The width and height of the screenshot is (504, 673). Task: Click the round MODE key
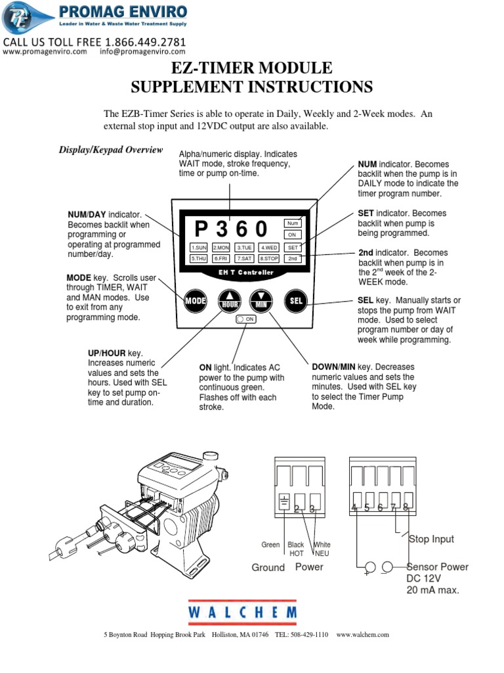[195, 301]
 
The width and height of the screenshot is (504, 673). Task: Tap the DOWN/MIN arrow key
[261, 301]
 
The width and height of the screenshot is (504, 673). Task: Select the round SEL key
[295, 301]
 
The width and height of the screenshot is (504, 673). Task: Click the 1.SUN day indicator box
[199, 248]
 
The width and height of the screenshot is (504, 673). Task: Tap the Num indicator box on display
[293, 223]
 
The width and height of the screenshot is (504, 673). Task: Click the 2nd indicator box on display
[293, 259]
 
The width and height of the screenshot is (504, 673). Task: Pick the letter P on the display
[201, 229]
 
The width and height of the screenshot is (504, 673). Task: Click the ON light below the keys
[245, 319]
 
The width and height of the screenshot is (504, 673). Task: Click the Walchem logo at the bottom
[242, 612]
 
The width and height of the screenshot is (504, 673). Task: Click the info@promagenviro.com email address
[142, 52]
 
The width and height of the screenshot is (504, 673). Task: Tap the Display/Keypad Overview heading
[111, 150]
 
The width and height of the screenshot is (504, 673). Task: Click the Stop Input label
[431, 539]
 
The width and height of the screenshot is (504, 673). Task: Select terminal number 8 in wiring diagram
[406, 507]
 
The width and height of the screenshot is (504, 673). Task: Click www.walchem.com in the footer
[362, 634]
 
